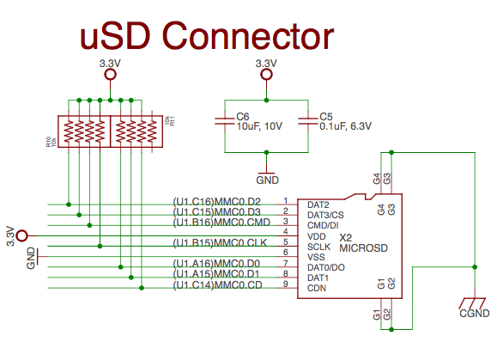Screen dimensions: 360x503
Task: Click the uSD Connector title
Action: pyautogui.click(x=206, y=36)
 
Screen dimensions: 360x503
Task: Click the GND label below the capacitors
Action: pyautogui.click(x=267, y=181)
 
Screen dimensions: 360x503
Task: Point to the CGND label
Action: pyautogui.click(x=475, y=314)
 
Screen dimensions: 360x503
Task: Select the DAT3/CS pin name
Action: pyautogui.click(x=325, y=214)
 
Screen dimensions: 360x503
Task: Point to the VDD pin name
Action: pyautogui.click(x=317, y=235)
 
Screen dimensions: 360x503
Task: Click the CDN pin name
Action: pyautogui.click(x=317, y=288)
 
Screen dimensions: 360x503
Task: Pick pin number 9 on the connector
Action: pyautogui.click(x=285, y=284)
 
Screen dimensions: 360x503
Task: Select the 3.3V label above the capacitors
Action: pyautogui.click(x=267, y=64)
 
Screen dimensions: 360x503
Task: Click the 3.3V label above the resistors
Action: pyautogui.click(x=110, y=64)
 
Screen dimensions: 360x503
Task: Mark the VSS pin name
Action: pyautogui.click(x=316, y=256)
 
